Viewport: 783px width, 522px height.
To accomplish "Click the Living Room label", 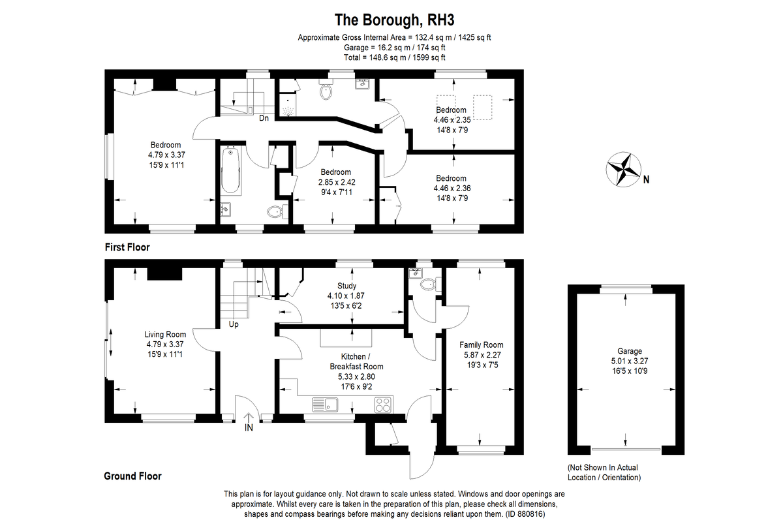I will click(166, 335).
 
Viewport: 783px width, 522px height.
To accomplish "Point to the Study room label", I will click(346, 286).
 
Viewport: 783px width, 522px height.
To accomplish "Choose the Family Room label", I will click(482, 345).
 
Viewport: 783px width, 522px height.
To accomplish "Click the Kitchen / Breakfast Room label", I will click(356, 361).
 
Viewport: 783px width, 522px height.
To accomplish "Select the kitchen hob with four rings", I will click(383, 405).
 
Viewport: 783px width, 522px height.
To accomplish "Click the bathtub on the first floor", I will click(231, 171).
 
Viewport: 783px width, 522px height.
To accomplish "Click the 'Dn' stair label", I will click(264, 118).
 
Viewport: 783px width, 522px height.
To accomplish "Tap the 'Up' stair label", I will click(233, 324).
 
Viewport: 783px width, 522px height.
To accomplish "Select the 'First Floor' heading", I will click(127, 247).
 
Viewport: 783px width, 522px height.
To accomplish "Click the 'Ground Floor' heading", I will click(132, 476).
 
